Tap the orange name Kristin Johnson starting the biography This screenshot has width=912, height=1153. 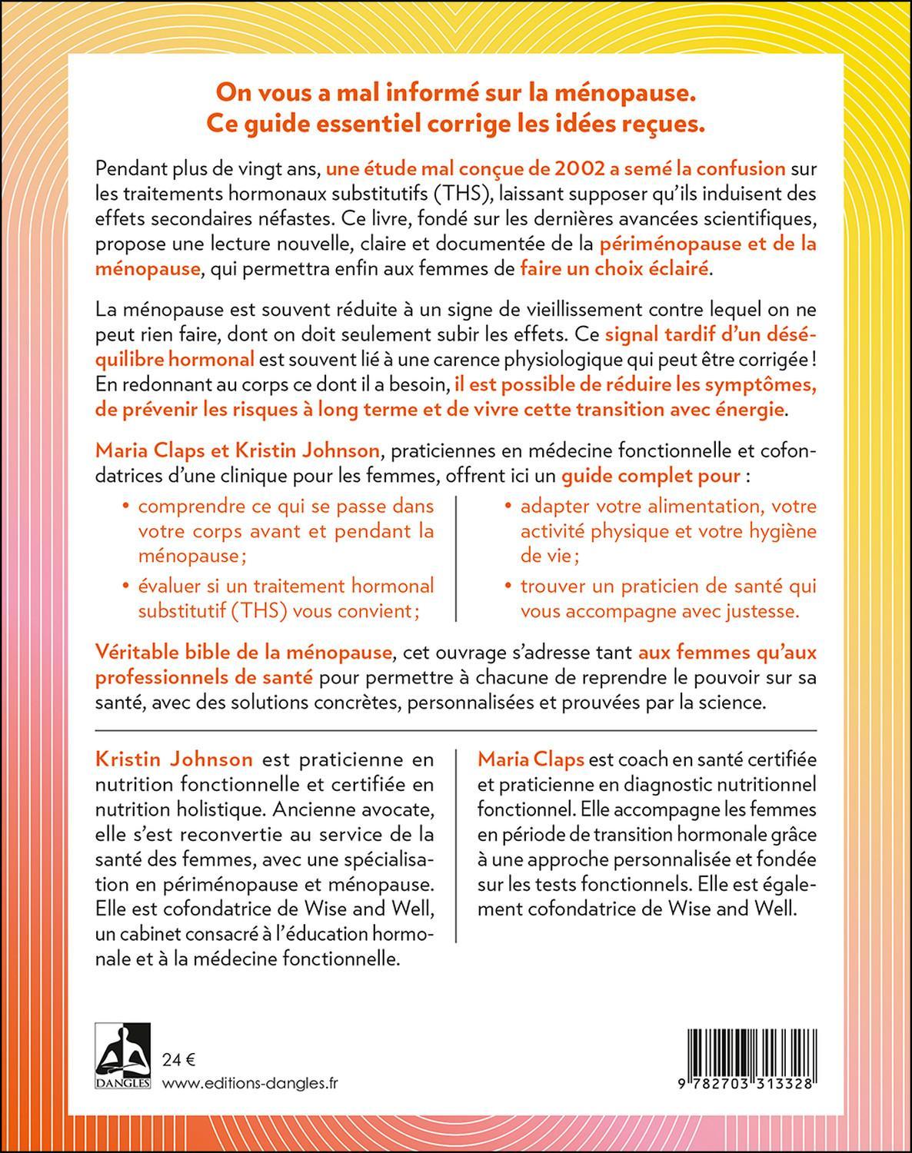click(174, 759)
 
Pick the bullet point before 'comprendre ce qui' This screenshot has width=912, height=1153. click(125, 507)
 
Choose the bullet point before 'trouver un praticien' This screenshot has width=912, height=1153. click(508, 586)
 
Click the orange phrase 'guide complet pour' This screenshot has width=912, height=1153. click(652, 475)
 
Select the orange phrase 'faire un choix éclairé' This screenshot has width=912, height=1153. click(617, 269)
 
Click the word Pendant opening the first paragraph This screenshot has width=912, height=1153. click(128, 168)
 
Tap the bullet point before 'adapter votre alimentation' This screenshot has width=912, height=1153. click(508, 507)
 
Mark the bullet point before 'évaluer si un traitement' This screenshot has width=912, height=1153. click(125, 586)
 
